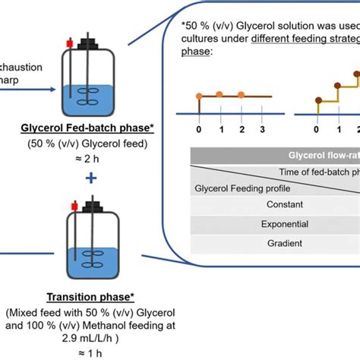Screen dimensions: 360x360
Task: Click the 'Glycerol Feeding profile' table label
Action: [x=235, y=187]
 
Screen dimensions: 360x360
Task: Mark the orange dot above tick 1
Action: [x=220, y=95]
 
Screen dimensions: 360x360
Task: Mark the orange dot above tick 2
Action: [x=241, y=95]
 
